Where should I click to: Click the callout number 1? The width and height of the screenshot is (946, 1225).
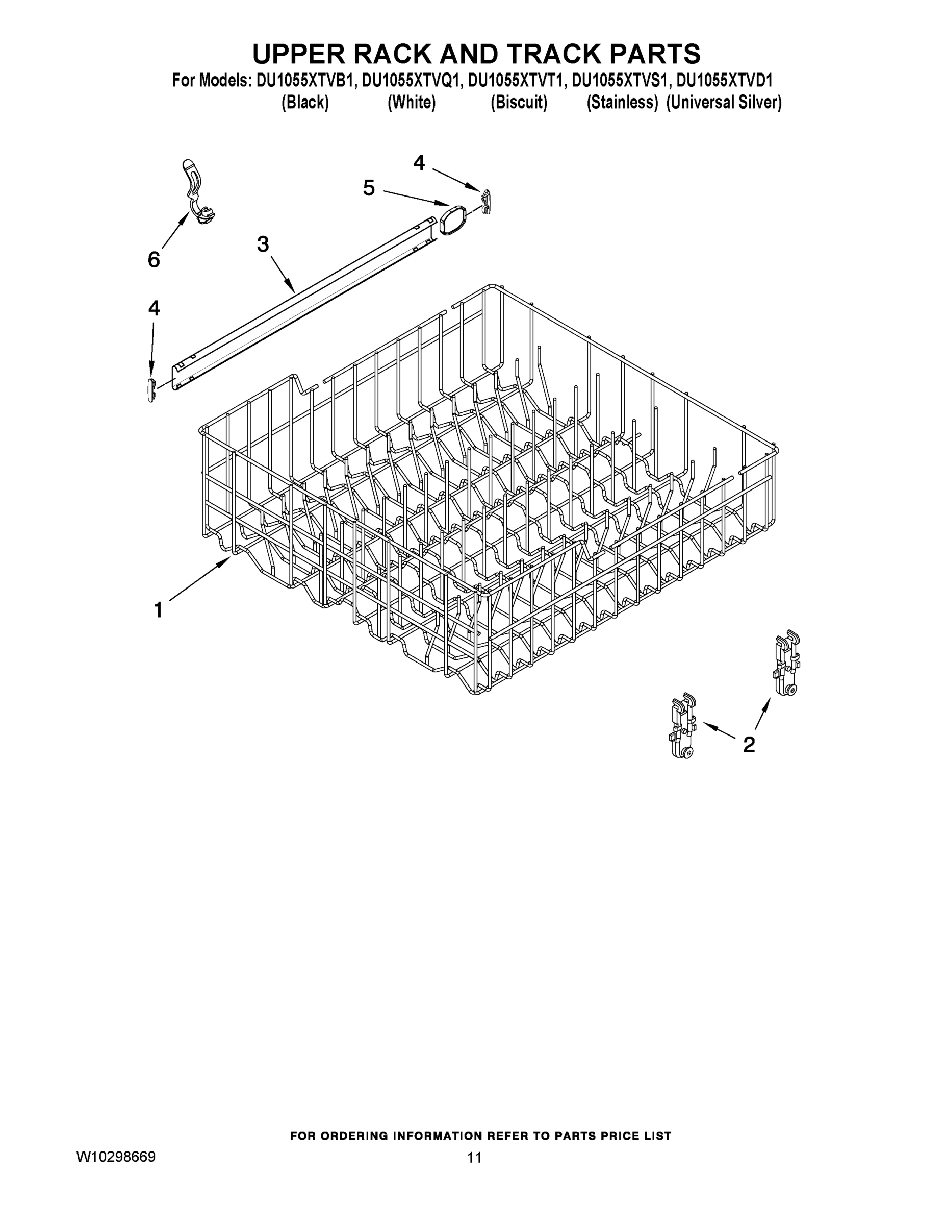click(x=159, y=610)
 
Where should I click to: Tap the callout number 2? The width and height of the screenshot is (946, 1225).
click(x=748, y=744)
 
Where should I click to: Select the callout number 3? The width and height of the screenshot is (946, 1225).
click(x=263, y=244)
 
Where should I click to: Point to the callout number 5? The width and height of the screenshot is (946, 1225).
click(x=368, y=188)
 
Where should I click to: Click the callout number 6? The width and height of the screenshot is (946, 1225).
click(x=154, y=260)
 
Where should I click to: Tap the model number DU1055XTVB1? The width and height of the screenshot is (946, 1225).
click(x=305, y=81)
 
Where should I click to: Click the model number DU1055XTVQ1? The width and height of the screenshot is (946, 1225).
click(x=412, y=81)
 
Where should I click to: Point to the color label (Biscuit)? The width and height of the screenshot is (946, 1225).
click(x=519, y=103)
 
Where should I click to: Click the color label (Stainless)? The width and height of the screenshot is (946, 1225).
click(x=622, y=103)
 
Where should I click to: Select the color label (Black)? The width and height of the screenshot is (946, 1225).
click(x=305, y=103)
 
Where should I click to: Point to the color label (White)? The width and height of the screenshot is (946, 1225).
click(x=412, y=103)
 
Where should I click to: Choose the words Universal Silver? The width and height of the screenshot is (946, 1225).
click(x=724, y=103)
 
